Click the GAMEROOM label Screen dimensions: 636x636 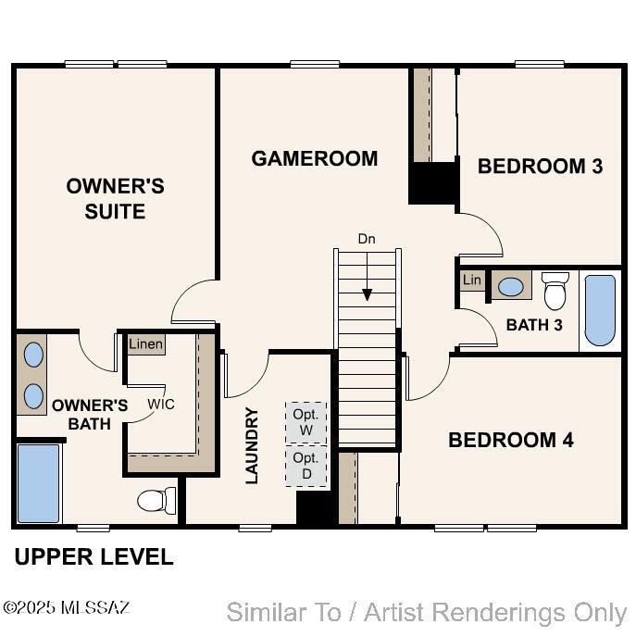coord(315,158)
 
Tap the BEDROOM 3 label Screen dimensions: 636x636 coord(540,166)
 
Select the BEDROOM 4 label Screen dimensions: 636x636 coord(511,440)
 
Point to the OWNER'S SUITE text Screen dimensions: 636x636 coord(115,199)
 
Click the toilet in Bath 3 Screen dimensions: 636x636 coord(555,291)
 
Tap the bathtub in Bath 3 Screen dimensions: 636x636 coord(600,311)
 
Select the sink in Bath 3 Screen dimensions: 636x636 coord(511,287)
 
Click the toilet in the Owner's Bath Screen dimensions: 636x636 coord(156,501)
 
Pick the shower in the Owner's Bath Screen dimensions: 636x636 coord(39,483)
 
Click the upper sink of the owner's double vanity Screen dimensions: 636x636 coord(33,355)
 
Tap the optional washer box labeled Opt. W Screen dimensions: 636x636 coord(306,423)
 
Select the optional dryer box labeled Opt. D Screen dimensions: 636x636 coord(306,466)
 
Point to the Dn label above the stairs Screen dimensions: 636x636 coord(367,239)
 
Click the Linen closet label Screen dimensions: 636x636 coord(146,344)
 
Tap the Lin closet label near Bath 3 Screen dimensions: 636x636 coord(472,280)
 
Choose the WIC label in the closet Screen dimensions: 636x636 coord(161,404)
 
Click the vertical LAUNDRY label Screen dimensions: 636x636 coord(252,446)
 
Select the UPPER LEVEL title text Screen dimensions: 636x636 coord(94,556)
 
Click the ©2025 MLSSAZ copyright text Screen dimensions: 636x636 coord(66,607)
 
